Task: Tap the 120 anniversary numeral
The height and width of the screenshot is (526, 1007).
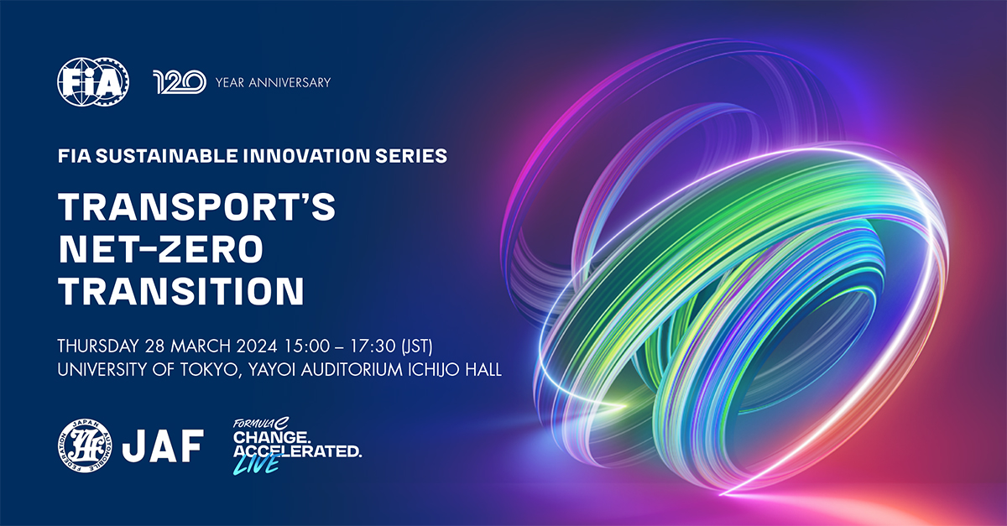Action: pyautogui.click(x=180, y=81)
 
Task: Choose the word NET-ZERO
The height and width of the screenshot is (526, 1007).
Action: pyautogui.click(x=160, y=249)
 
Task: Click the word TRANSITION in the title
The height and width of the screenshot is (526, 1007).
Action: pyautogui.click(x=180, y=291)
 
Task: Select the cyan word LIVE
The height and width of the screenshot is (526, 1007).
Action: pyautogui.click(x=258, y=464)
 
